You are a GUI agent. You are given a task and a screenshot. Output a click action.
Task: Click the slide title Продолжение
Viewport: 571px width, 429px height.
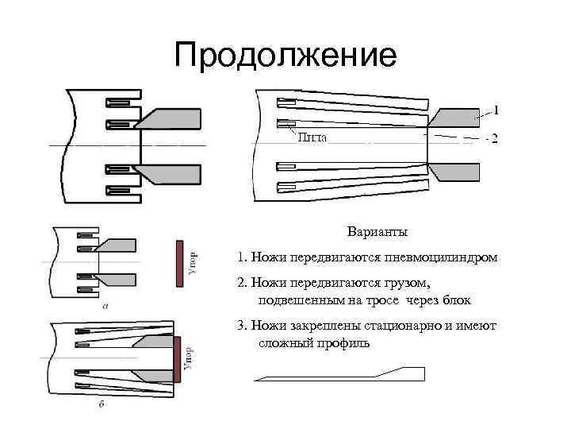[285, 56]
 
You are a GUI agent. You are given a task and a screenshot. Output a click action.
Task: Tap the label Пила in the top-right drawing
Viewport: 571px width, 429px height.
[312, 137]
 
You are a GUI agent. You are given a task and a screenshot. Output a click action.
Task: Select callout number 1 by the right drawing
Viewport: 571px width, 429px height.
[496, 110]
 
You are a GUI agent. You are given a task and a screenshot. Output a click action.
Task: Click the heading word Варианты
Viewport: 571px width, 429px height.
[377, 233]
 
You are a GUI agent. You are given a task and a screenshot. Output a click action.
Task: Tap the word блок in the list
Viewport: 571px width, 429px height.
[458, 301]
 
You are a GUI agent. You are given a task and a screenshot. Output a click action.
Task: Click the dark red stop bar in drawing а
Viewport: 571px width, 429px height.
[180, 262]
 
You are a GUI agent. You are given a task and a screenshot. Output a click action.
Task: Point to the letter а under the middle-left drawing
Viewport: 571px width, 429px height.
[106, 304]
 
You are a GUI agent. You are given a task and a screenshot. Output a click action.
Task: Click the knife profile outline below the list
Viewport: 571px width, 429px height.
[341, 375]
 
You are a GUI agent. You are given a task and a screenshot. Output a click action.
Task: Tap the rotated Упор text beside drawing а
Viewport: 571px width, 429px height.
[195, 264]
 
